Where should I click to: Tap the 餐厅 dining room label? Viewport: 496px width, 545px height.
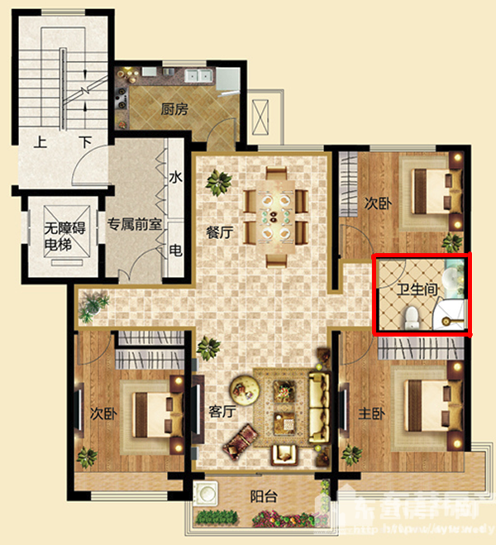point(219,232)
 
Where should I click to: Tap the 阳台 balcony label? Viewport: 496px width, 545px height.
point(263,497)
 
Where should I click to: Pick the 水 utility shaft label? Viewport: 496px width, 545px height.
point(175,178)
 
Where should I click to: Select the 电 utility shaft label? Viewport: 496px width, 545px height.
point(175,251)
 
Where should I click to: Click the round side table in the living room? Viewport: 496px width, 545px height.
point(244,386)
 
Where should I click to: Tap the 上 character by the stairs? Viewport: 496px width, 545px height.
point(39,141)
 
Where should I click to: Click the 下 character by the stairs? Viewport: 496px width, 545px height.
point(84,141)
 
